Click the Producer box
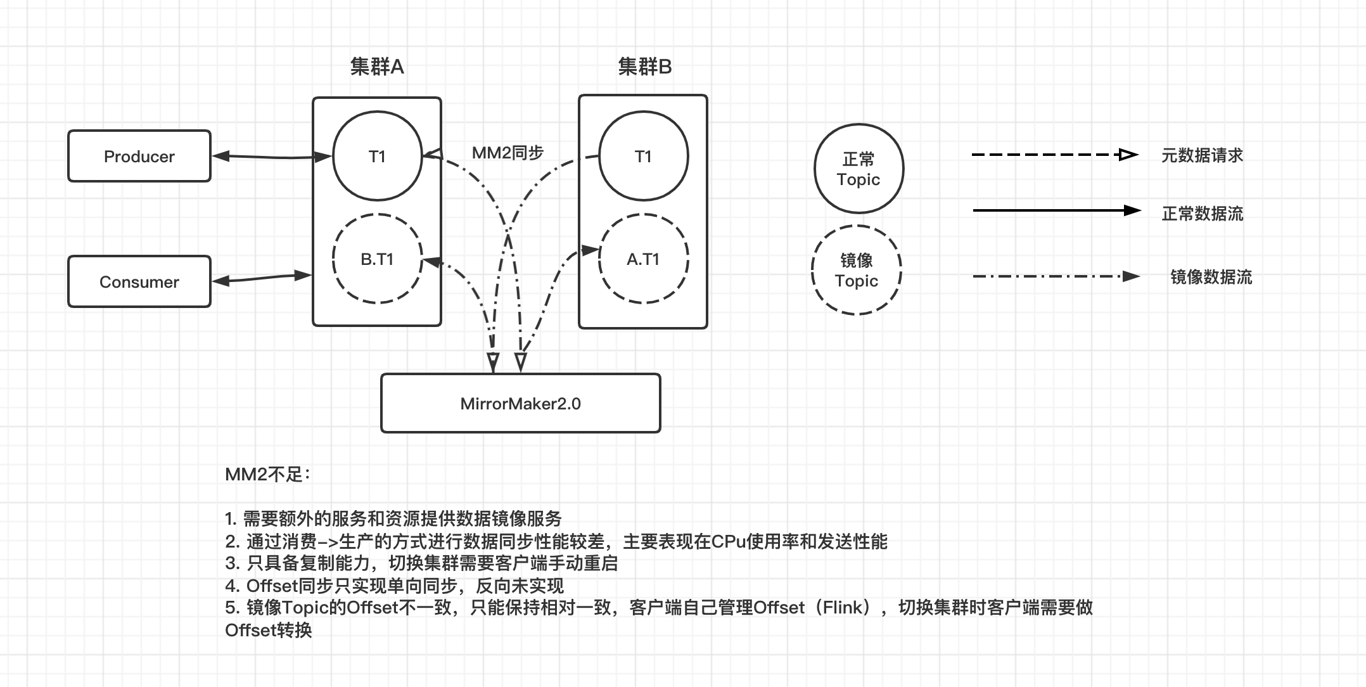point(139,157)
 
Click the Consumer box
point(139,282)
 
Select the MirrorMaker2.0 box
point(520,404)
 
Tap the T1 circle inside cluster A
point(377,157)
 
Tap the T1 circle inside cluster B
point(643,157)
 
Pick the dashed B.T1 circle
point(377,259)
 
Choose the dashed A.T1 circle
point(643,259)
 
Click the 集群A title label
point(377,67)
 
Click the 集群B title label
point(644,67)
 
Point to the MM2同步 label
point(507,153)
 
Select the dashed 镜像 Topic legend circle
point(856,271)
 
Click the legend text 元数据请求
point(1202,155)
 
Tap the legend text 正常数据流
point(1202,214)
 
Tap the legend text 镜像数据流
point(1211,277)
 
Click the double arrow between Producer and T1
point(271,157)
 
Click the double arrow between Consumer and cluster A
point(261,278)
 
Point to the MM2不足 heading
point(267,475)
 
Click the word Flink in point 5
point(843,608)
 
